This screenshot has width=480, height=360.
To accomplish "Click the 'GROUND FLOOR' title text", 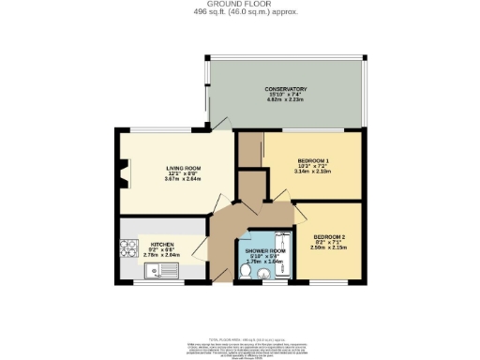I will pyautogui.click(x=239, y=5).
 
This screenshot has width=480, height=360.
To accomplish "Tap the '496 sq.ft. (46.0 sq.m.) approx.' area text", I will pyautogui.click(x=239, y=12).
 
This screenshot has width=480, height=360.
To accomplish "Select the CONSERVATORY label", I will pyautogui.click(x=285, y=89).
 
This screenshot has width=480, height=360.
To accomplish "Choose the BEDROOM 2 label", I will pyautogui.click(x=330, y=235).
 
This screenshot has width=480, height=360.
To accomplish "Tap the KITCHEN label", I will pyautogui.click(x=162, y=243).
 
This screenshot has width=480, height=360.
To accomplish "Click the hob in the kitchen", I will pyautogui.click(x=127, y=249).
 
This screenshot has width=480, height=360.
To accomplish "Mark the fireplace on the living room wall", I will pyautogui.click(x=121, y=174).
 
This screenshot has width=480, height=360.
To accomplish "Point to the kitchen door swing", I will pyautogui.click(x=199, y=251).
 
